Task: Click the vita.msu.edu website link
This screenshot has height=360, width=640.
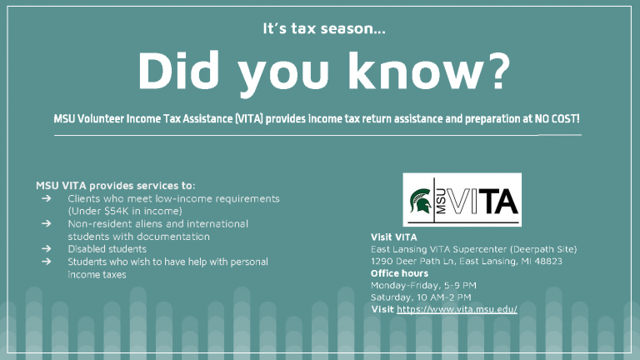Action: (457, 309)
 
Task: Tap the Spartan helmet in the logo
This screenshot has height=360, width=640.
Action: (421, 200)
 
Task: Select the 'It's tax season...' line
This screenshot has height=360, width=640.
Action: (324, 28)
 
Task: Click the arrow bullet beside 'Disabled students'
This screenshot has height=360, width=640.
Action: (46, 248)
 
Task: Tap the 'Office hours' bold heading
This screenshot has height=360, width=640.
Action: (399, 273)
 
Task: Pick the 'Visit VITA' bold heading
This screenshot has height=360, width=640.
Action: (394, 237)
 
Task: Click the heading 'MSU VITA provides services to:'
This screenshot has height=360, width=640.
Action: (116, 186)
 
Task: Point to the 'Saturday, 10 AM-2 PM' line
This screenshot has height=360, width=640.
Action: (421, 297)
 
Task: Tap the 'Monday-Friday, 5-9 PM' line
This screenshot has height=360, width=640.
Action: (423, 285)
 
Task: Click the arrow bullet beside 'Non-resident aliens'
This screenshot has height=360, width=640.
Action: (46, 223)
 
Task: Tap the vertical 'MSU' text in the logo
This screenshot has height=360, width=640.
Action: (440, 200)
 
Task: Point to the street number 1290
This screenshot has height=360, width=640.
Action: (382, 261)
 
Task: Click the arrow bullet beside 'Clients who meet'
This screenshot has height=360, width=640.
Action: (46, 198)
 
